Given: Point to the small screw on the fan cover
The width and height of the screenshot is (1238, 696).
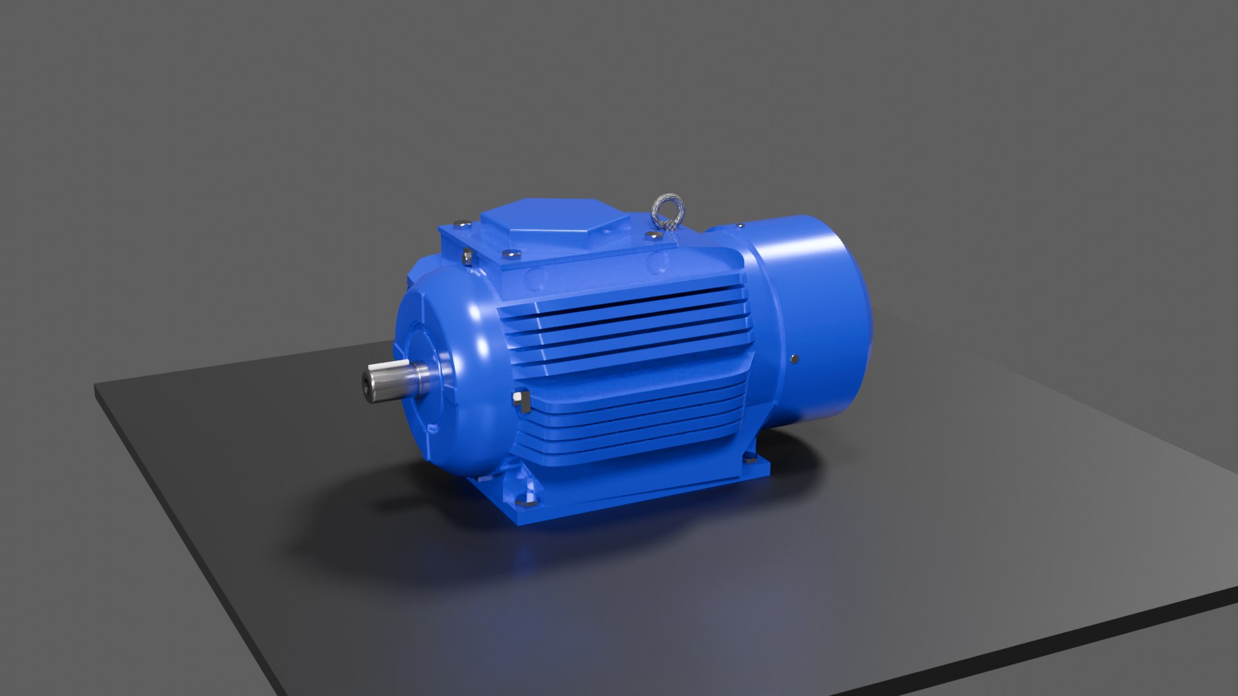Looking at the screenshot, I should coord(794,359).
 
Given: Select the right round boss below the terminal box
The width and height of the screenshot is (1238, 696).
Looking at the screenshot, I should coord(658,263).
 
